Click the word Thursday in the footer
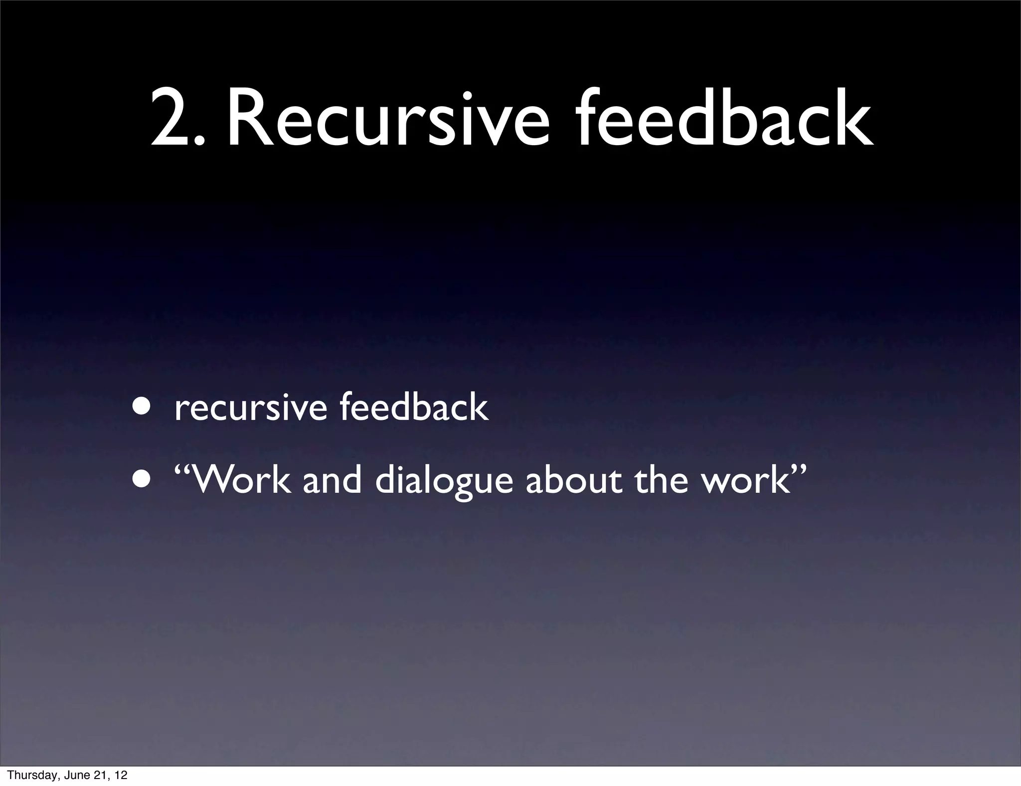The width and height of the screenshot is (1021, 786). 28,775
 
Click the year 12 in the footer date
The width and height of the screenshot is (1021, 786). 120,775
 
